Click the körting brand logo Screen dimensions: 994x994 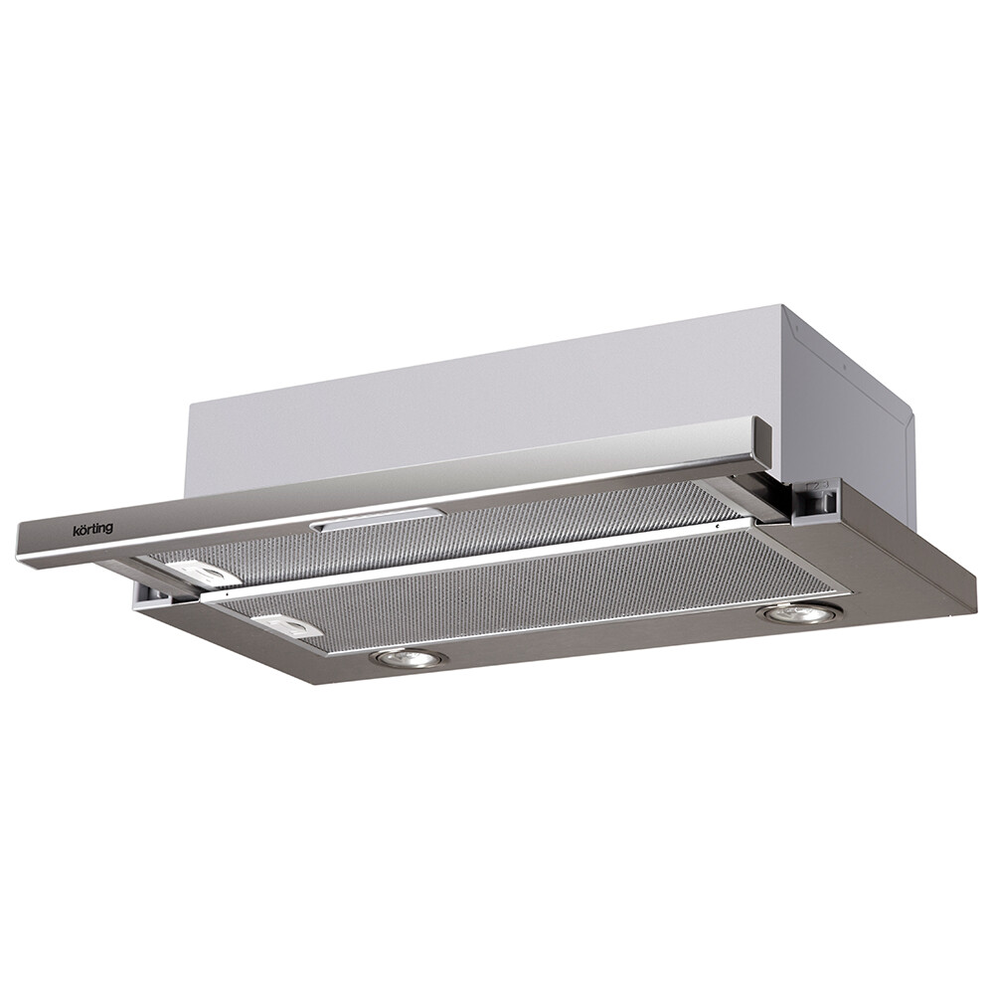click(x=92, y=529)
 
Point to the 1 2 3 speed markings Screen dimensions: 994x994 click(x=811, y=486)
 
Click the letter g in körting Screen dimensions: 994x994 click(x=109, y=532)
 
